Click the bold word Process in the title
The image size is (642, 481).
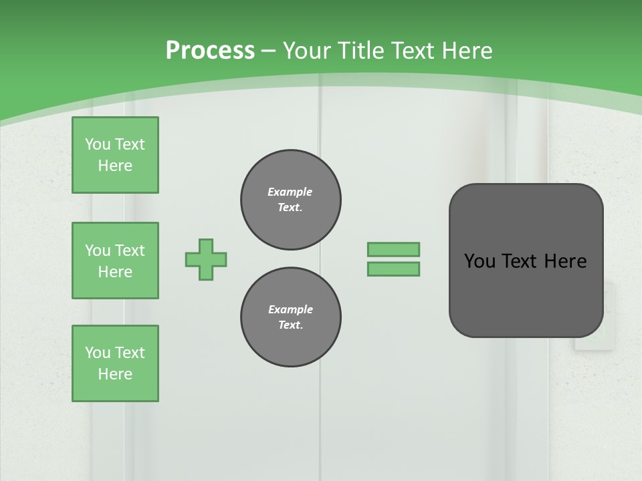210,51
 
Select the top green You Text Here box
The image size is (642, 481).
115,155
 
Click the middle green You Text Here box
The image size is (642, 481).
115,261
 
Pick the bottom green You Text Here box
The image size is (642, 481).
115,363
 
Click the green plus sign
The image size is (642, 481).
206,259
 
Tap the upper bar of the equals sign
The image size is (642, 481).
393,249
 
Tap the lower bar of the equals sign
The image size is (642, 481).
393,269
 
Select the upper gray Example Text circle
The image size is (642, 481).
291,200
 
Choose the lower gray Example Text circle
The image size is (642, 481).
291,317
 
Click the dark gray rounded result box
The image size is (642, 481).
526,294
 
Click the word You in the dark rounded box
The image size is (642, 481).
479,261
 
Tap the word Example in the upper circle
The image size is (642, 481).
290,192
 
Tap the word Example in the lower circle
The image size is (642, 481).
290,309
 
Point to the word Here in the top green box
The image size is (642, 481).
115,166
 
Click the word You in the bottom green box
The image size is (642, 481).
98,353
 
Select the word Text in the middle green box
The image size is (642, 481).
130,251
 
